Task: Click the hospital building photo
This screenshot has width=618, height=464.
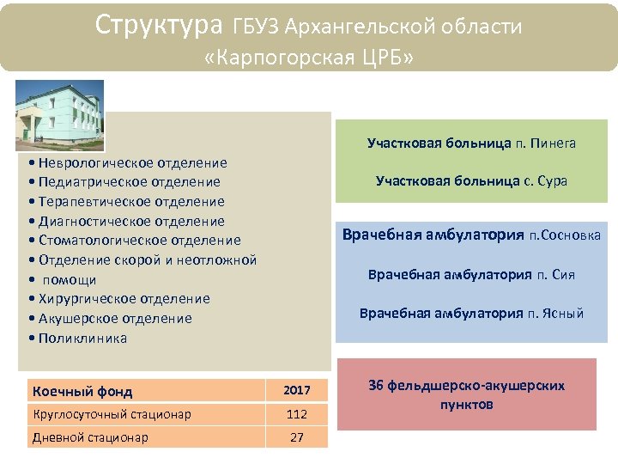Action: [59, 115]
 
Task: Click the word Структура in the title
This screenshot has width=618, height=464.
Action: [159, 25]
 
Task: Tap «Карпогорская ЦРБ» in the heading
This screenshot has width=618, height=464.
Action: [309, 58]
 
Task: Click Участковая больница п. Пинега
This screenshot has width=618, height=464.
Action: [471, 143]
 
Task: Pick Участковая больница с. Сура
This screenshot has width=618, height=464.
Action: [471, 181]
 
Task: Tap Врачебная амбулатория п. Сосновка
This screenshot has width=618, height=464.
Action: [471, 235]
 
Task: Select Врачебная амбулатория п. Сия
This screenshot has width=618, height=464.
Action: [471, 275]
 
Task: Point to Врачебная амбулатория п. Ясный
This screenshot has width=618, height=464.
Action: [471, 313]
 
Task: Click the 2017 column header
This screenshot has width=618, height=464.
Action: [297, 391]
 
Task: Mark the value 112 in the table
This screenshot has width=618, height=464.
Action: [297, 414]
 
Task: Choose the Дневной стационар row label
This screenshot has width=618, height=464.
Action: [90, 437]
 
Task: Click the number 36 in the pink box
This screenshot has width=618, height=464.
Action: [376, 386]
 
